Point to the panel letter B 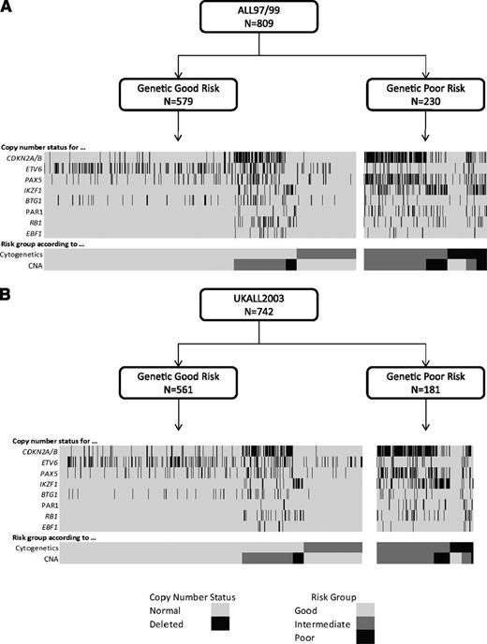coord(8,303)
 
